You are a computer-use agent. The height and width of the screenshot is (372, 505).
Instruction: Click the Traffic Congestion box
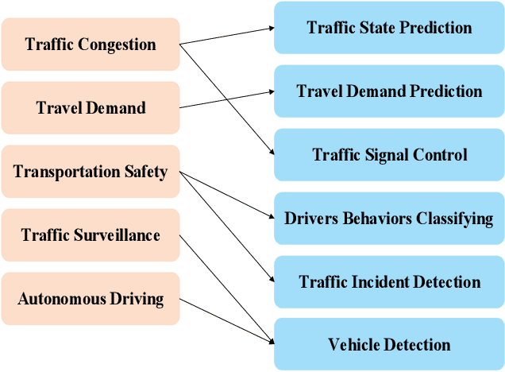click(90, 44)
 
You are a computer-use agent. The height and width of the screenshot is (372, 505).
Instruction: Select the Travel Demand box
click(90, 107)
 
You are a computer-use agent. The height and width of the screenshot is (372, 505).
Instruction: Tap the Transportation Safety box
click(90, 172)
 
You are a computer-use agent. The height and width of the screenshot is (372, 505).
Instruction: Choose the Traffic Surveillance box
click(90, 235)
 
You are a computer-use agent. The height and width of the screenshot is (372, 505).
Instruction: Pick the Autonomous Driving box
click(90, 299)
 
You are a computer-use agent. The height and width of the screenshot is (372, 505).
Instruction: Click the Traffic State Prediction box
click(389, 28)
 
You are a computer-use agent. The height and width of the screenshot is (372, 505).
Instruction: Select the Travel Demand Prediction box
click(389, 91)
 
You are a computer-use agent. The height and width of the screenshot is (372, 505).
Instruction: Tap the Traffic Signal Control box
click(389, 155)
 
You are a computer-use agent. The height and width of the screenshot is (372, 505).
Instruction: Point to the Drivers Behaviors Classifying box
click(389, 218)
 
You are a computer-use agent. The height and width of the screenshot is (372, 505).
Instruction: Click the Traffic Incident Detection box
click(389, 281)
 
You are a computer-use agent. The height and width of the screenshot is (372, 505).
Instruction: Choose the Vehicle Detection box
click(389, 345)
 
